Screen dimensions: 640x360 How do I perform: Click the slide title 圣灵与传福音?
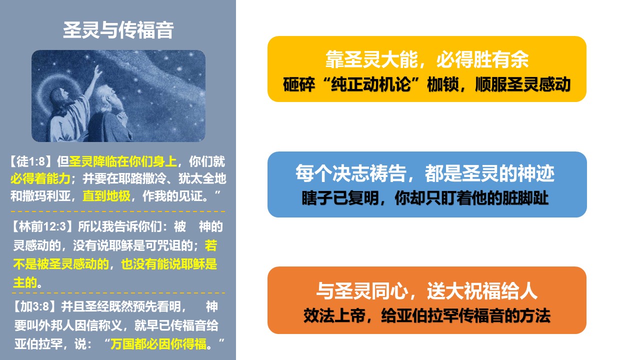[x=118, y=30]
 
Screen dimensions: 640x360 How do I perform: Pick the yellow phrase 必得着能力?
[x=40, y=179]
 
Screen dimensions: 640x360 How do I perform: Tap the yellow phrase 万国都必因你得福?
[x=158, y=343]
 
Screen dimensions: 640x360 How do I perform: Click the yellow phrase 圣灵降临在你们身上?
[x=123, y=161]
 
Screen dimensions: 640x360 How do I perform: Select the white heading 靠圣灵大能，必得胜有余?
[x=427, y=59]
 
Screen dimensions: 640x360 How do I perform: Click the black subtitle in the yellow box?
[x=427, y=84]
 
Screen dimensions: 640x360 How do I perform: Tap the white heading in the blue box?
[x=425, y=173]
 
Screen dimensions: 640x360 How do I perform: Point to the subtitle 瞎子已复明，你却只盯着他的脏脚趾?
[x=425, y=197]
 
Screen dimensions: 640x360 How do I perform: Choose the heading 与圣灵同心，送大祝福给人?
[x=427, y=291]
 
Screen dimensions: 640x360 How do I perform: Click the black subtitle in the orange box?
[x=427, y=315]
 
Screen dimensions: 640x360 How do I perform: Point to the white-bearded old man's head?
[x=105, y=97]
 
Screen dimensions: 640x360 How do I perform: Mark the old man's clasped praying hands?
[x=122, y=117]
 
